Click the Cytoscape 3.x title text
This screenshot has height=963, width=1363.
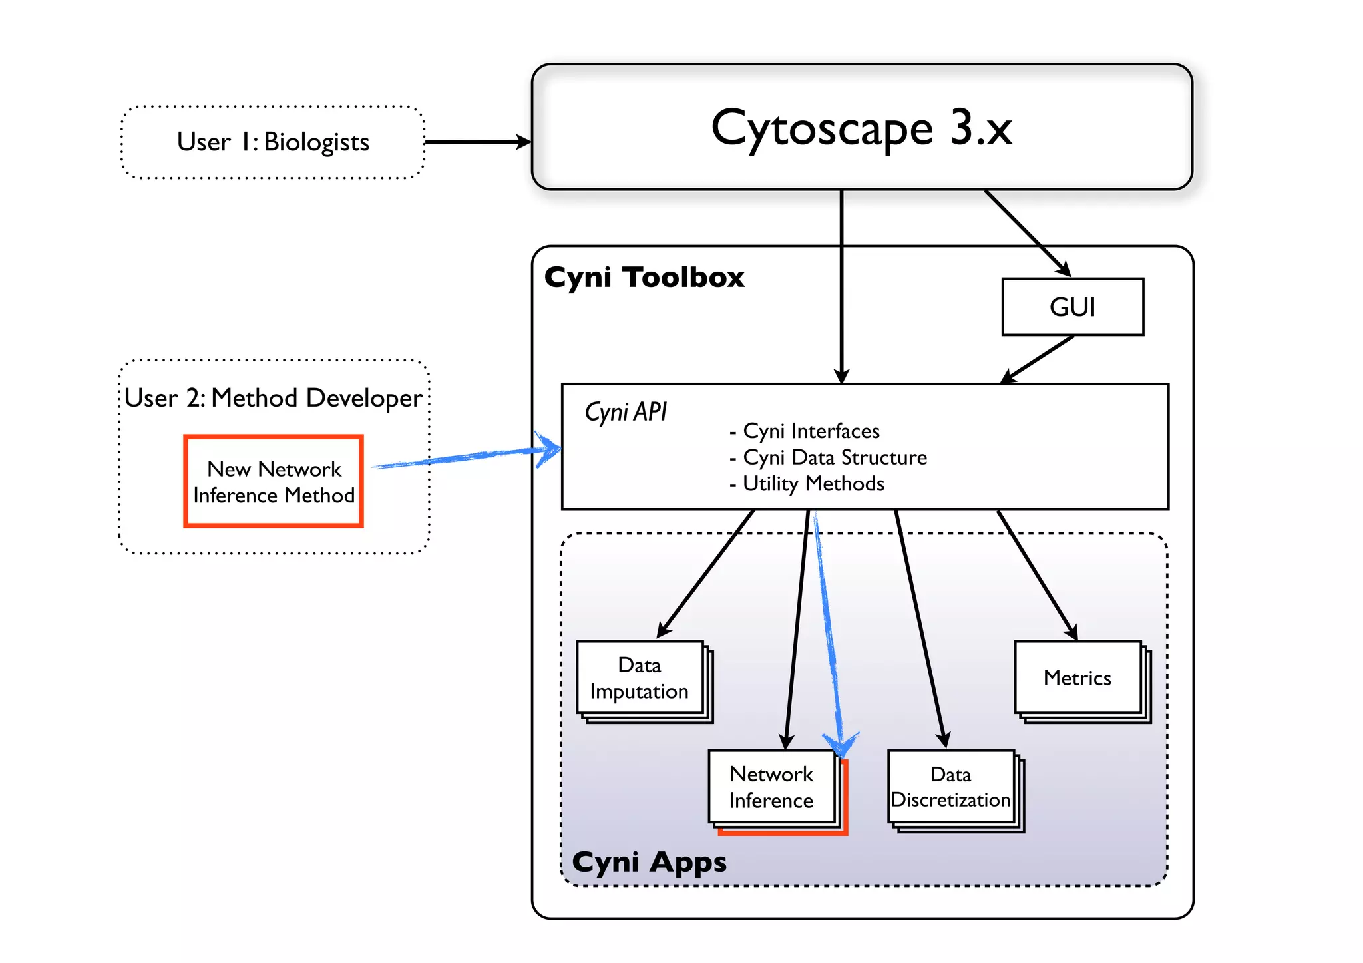click(861, 128)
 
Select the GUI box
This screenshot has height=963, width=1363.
click(1072, 307)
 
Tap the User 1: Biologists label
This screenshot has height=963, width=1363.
click(273, 142)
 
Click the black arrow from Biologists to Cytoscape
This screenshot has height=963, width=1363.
click(477, 142)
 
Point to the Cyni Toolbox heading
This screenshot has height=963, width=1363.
click(644, 277)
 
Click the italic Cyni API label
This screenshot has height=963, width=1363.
click(625, 412)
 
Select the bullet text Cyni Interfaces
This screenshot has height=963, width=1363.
click(811, 431)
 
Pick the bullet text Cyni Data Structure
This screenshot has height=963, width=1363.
click(834, 457)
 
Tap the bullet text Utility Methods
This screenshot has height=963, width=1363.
click(813, 484)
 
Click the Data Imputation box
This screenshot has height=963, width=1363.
click(640, 678)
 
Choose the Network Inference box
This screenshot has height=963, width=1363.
click(771, 787)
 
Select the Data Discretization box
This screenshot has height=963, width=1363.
click(950, 787)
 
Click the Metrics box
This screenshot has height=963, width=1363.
click(1077, 678)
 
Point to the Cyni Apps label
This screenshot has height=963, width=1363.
click(649, 862)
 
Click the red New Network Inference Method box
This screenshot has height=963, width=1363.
click(274, 482)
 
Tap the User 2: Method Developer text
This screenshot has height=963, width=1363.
click(273, 398)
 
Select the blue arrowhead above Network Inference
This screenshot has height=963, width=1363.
click(841, 744)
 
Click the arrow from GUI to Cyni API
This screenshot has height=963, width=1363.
click(1038, 359)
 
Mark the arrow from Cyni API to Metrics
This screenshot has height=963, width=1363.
click(1038, 576)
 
